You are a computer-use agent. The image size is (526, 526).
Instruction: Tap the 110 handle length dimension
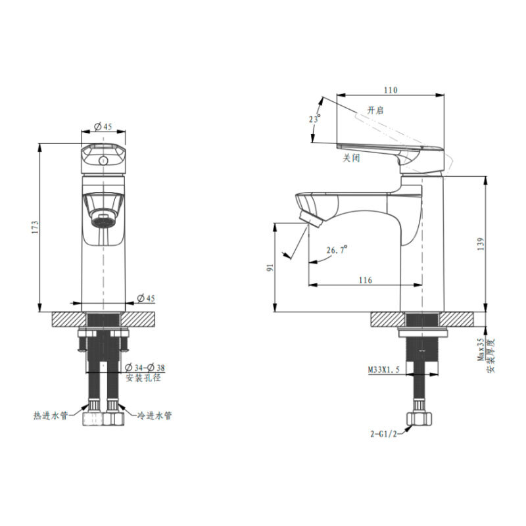coord(391,90)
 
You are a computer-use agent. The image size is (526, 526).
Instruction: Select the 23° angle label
coord(315,119)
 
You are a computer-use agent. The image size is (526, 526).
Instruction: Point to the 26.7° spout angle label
coord(337,250)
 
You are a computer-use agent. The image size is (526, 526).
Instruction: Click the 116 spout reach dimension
coord(366,280)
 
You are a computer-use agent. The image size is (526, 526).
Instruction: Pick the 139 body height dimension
coord(481,244)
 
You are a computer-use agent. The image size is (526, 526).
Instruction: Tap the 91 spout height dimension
coord(270,268)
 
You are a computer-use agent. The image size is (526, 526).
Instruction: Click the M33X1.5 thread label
coord(384,370)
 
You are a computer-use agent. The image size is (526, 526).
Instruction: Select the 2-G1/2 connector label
coord(384,434)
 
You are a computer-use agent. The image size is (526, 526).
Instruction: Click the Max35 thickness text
coord(481,349)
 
